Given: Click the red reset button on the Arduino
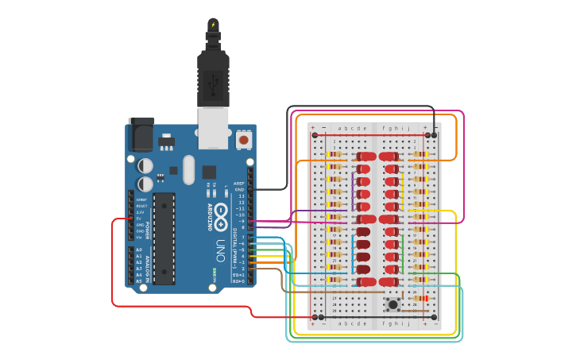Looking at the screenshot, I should [244, 140].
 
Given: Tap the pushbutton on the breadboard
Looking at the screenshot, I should [392, 303].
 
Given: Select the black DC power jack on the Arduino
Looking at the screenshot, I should [141, 135].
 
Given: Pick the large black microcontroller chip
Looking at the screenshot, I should [164, 238].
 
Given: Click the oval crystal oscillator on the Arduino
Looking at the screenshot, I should [188, 168].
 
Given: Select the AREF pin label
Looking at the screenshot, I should [239, 183].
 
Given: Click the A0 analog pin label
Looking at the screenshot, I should [139, 250].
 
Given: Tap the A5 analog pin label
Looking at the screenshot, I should [139, 281].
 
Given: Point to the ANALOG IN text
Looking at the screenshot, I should [149, 265].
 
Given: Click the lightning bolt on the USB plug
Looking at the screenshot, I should [213, 25].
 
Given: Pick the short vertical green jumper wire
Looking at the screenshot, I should [403, 253].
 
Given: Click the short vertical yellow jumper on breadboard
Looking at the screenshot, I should [403, 191].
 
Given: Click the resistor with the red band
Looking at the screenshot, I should [421, 298].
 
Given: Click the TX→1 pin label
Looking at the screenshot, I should [238, 274].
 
